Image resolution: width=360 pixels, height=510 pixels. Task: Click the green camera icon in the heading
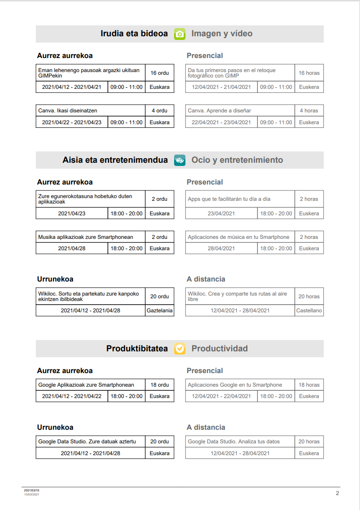(180, 34)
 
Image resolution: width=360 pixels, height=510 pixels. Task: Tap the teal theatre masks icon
(180, 160)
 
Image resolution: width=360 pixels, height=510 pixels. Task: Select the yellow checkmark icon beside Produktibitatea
(180, 349)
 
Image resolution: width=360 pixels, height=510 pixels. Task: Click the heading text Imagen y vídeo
(222, 34)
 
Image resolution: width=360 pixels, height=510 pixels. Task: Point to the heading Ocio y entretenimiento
(237, 160)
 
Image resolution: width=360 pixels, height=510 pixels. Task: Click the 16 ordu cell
(160, 73)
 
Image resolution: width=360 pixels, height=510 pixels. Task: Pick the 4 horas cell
(309, 111)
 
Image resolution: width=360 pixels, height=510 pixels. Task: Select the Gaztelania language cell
(160, 311)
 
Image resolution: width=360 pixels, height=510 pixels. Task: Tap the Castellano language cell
(309, 311)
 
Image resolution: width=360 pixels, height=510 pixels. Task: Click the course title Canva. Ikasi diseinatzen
(68, 111)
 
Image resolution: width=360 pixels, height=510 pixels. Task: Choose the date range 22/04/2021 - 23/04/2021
(221, 122)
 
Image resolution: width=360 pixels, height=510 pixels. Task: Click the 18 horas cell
(309, 385)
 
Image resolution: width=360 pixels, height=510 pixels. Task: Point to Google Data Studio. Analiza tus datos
(234, 442)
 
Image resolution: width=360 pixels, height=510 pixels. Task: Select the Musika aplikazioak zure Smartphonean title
(86, 237)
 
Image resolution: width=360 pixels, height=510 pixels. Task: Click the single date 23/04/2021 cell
(221, 214)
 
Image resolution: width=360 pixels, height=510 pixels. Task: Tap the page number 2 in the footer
(337, 493)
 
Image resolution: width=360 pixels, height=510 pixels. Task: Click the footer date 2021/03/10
(32, 491)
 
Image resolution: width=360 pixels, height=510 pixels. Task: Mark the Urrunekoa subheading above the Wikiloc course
(55, 279)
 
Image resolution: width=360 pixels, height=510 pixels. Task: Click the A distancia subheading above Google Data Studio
(206, 427)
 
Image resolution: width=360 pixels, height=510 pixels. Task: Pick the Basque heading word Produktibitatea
(137, 349)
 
